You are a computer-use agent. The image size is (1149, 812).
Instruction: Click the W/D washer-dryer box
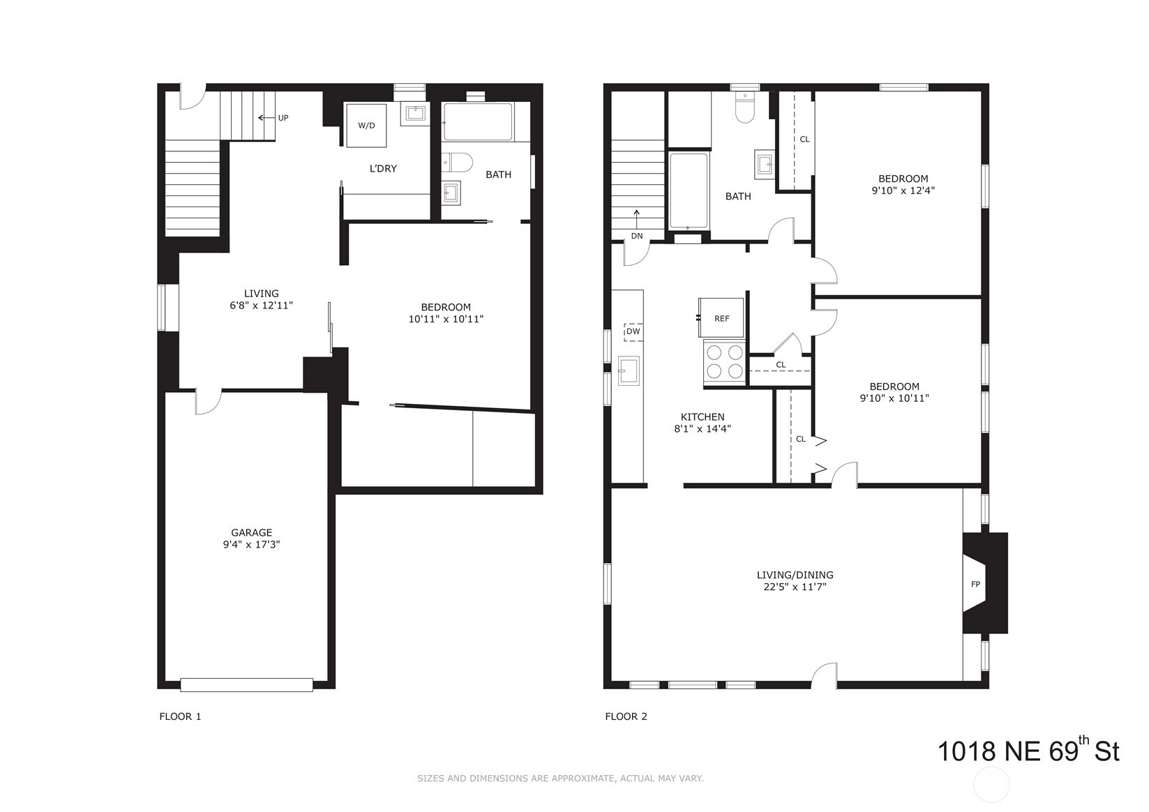pos(366,126)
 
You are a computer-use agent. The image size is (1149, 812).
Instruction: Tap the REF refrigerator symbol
pos(721,318)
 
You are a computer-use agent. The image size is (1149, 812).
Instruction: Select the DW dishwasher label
pos(633,331)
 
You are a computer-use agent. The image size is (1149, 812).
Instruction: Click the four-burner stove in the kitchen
pos(725,361)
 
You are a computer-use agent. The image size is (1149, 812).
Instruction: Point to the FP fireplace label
pos(975,584)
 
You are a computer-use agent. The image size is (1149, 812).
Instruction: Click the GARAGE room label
pos(251,532)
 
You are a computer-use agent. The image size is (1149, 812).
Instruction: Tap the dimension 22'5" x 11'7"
pos(795,587)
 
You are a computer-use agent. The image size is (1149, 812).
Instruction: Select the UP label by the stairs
pos(283,118)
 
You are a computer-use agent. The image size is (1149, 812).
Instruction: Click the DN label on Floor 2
pos(636,236)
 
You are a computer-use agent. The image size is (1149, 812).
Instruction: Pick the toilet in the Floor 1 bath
pos(458,162)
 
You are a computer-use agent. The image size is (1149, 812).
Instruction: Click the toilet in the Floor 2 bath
pos(745,108)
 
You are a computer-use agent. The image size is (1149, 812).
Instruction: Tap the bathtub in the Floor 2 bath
pos(689,191)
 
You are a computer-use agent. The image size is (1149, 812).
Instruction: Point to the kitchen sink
pos(629,370)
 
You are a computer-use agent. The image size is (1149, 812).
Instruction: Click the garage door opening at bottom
pos(246,684)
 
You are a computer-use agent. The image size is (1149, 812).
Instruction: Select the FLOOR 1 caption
pos(180,716)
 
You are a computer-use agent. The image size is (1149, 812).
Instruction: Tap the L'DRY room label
pos(383,169)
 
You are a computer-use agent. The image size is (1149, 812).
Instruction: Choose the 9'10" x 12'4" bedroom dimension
pos(903,190)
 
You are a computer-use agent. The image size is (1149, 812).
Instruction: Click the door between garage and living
pos(208,401)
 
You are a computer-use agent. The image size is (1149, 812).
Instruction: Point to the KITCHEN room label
pos(702,417)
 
